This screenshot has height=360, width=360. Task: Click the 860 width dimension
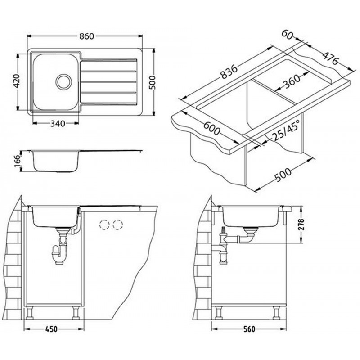(87, 36)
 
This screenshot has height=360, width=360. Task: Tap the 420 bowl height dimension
(17, 81)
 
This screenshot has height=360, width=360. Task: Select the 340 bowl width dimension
(58, 124)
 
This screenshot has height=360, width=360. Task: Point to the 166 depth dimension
(18, 161)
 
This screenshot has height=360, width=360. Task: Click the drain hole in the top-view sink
(64, 82)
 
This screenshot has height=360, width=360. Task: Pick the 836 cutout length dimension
(229, 72)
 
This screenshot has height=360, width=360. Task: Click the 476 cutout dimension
(331, 58)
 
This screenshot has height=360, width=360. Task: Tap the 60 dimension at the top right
(288, 35)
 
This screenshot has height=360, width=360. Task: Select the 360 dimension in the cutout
(292, 82)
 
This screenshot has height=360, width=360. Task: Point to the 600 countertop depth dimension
(211, 128)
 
